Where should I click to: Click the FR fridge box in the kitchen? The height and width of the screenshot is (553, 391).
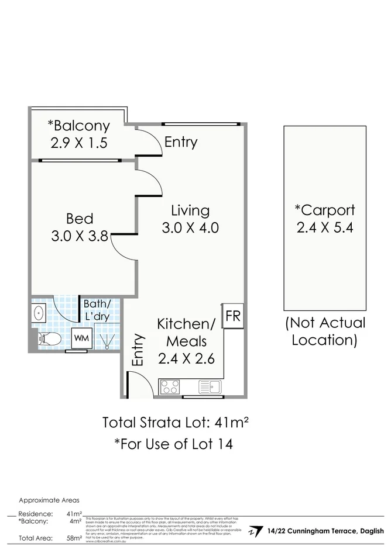(233, 316)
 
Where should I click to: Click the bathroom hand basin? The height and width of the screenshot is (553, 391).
(39, 313)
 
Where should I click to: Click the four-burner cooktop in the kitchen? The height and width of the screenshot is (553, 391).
(170, 387)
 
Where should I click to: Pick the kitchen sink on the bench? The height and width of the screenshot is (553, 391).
(209, 386)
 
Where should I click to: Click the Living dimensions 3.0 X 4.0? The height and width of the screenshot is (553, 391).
(190, 227)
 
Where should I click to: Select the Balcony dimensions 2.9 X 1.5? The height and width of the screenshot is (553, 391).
(78, 143)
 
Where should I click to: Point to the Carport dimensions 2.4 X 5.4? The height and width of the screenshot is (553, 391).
(325, 227)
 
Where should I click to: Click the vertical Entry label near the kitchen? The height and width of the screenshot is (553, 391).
(138, 350)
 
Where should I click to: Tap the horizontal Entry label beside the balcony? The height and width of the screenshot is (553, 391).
(180, 142)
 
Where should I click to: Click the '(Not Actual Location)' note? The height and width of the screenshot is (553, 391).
(324, 331)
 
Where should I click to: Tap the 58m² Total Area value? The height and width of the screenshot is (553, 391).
(73, 538)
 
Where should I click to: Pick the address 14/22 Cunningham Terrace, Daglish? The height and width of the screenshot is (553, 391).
(325, 531)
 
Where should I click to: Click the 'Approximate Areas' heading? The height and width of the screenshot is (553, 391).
(49, 500)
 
